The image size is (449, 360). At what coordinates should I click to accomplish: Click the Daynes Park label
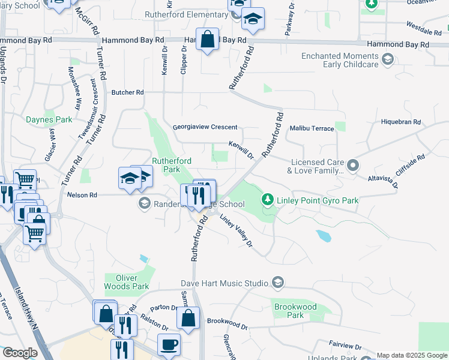point(49,119)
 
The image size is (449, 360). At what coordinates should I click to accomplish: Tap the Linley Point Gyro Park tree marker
point(267,199)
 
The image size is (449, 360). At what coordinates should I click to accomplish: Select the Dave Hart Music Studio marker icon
point(277,282)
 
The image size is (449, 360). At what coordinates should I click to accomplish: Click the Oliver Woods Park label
point(126,282)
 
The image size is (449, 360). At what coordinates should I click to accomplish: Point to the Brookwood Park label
point(295,311)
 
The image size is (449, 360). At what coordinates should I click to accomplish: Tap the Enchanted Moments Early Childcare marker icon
point(387,59)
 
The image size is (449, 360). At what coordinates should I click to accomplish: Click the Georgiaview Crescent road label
point(205,127)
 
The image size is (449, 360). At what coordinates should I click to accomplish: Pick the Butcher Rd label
point(128,92)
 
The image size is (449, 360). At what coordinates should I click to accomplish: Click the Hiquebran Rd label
point(401,122)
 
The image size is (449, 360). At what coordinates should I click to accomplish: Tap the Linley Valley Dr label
point(235,230)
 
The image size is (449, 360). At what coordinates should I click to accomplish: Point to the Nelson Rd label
point(82,195)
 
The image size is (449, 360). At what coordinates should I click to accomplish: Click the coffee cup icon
point(169,344)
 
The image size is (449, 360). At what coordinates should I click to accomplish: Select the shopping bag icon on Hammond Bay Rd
point(207,40)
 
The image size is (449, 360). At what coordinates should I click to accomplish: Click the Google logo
point(20,353)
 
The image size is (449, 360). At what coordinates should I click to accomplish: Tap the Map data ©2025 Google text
point(412,355)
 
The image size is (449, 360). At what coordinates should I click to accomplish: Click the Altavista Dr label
point(383,181)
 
